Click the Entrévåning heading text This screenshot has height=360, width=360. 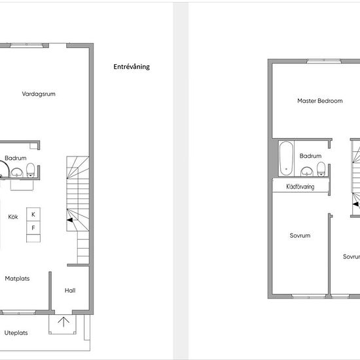[132, 67]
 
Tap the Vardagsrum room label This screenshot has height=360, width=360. [39, 94]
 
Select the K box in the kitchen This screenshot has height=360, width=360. [33, 214]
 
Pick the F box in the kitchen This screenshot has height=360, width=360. [33, 228]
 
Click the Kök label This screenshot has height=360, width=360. [13, 217]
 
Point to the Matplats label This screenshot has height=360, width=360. [17, 278]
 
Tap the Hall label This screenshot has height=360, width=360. [70, 291]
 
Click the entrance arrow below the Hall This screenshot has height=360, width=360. [63, 322]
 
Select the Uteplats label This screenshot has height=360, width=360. [16, 333]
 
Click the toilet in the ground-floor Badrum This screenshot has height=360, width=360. [31, 170]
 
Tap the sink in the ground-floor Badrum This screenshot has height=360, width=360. [17, 173]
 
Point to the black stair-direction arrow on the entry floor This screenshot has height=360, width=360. [70, 220]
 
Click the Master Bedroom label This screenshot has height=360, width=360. [320, 101]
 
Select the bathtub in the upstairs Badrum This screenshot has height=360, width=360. [286, 158]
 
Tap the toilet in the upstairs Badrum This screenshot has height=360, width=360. [321, 170]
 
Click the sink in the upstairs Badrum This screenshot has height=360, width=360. [307, 171]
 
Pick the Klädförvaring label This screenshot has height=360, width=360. [300, 187]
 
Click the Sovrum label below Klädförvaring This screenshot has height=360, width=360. [300, 236]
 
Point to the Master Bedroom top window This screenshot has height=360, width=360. [324, 61]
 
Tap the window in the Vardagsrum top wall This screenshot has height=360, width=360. [26, 45]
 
